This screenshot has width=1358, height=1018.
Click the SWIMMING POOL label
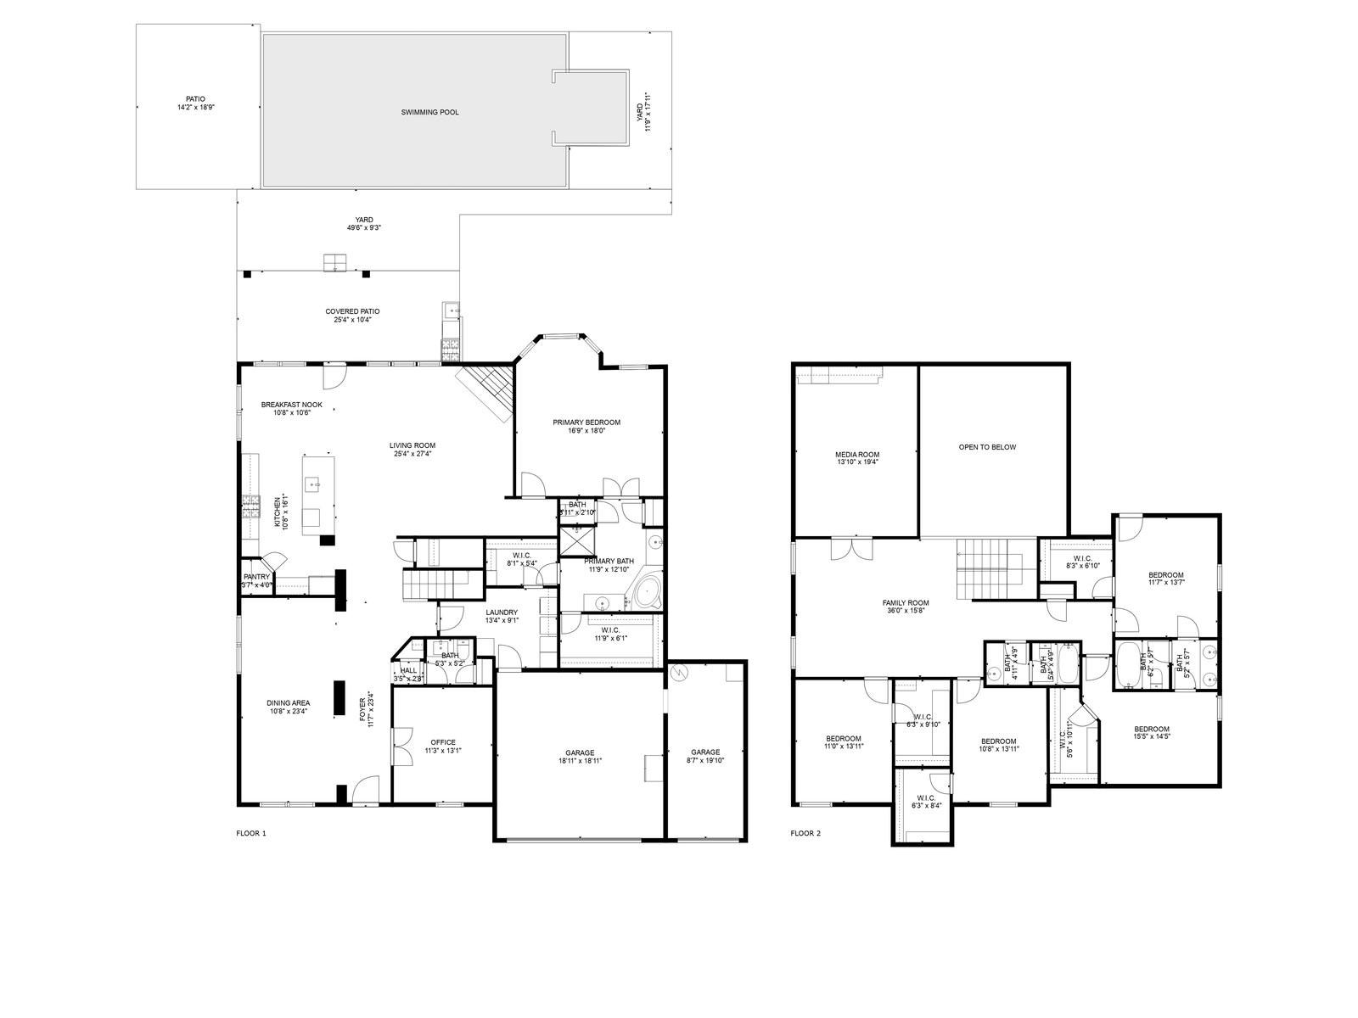(430, 112)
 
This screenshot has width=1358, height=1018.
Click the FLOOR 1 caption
(251, 833)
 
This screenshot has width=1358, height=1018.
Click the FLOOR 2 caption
(805, 833)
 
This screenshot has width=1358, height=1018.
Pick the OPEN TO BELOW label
(987, 447)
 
